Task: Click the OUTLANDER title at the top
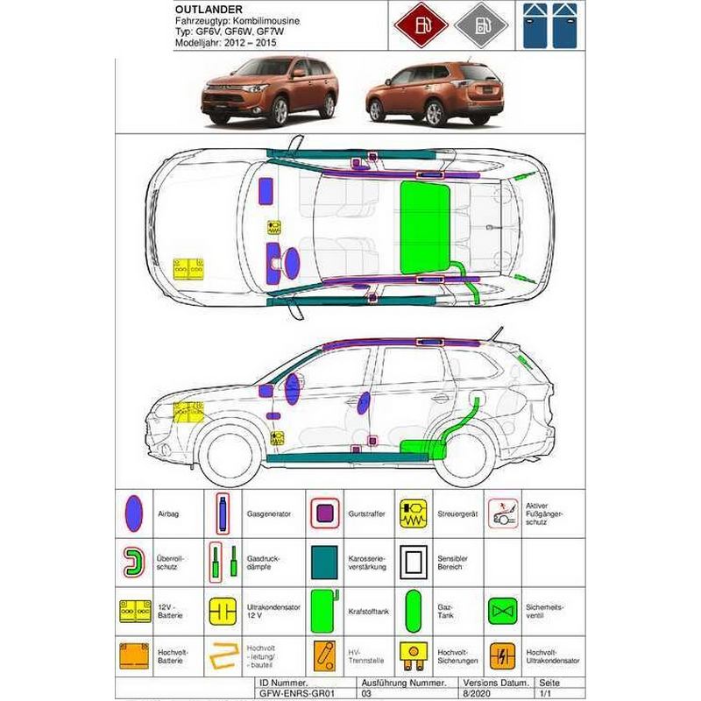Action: (209, 10)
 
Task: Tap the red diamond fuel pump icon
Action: (421, 25)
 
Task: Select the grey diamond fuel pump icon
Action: (481, 25)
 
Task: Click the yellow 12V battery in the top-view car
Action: (188, 269)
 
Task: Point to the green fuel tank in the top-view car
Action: (425, 228)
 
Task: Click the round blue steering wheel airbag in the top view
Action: (292, 264)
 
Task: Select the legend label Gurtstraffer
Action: (366, 513)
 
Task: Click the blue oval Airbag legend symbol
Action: (134, 513)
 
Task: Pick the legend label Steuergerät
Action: (457, 514)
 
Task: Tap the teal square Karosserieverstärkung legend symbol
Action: (324, 563)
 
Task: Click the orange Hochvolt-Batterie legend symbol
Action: (134, 656)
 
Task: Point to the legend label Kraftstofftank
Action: (368, 611)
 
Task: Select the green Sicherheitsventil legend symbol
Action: (502, 611)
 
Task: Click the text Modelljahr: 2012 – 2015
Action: (226, 43)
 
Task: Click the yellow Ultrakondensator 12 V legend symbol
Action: (223, 611)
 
